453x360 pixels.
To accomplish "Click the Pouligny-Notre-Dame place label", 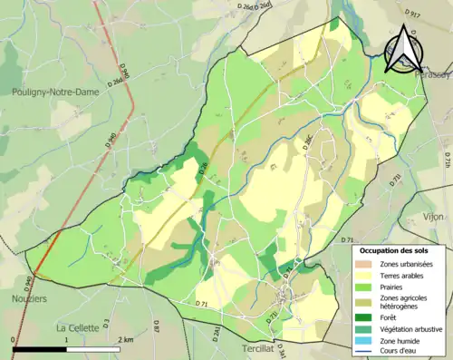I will (54, 92).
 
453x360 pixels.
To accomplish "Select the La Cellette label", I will (79, 327).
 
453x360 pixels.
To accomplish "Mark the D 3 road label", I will (105, 321).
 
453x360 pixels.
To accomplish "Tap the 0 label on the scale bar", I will (13, 338).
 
